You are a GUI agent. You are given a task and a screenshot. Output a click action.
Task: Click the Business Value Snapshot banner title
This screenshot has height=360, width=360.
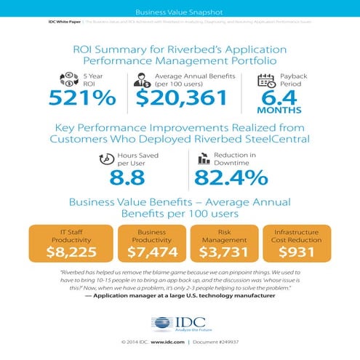point(180,12)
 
